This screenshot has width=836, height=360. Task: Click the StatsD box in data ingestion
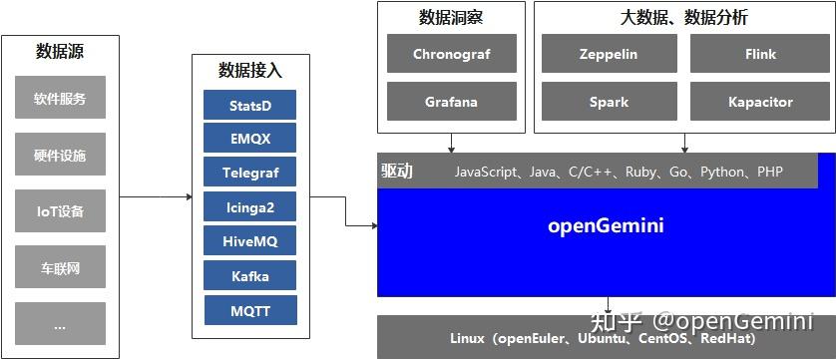pos(250,105)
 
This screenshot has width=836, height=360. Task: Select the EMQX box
pos(250,138)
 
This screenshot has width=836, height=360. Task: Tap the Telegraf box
pos(250,173)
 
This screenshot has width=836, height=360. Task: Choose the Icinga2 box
pos(250,206)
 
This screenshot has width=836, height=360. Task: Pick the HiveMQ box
pos(250,241)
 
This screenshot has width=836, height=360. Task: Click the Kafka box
pos(250,275)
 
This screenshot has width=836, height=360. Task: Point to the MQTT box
pos(250,310)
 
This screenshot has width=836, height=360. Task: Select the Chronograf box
pos(451,54)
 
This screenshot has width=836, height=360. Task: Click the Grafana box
pos(451,102)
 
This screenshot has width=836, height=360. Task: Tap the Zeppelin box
pos(609,54)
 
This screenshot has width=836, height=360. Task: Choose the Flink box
pos(760,54)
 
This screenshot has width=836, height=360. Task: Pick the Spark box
pos(609,102)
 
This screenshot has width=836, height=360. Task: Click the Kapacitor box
pos(760,102)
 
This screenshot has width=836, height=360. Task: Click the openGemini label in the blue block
pos(606,225)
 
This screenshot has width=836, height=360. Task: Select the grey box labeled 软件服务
pos(60,99)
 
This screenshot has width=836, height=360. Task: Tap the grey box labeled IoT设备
pos(60,211)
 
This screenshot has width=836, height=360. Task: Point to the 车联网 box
pos(60,267)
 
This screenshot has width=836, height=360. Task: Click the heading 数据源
pos(60,52)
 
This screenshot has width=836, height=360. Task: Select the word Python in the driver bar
pos(722,172)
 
